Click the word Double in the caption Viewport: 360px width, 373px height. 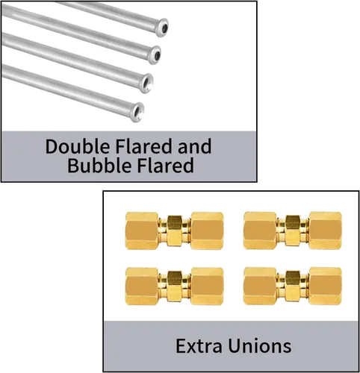(78, 146)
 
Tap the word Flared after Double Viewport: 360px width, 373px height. (144, 146)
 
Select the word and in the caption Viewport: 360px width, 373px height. (194, 146)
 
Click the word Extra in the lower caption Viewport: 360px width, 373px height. (199, 345)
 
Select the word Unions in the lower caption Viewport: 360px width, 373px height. (260, 345)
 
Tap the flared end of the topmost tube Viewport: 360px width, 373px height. (162, 28)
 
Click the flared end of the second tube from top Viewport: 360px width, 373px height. (155, 54)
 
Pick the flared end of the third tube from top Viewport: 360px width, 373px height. (147, 83)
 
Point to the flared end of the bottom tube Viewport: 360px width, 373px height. (138, 112)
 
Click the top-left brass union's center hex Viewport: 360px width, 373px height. (175, 231)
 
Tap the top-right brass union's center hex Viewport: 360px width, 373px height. (293, 231)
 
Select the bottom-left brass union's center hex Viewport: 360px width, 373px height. (175, 286)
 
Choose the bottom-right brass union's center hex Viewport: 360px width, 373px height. (293, 286)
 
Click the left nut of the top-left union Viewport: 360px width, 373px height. (142, 231)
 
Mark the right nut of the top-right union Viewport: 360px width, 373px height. (326, 231)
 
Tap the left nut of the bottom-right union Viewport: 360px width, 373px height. (260, 286)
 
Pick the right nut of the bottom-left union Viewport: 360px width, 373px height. (207, 286)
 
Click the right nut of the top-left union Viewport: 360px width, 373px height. (207, 231)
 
